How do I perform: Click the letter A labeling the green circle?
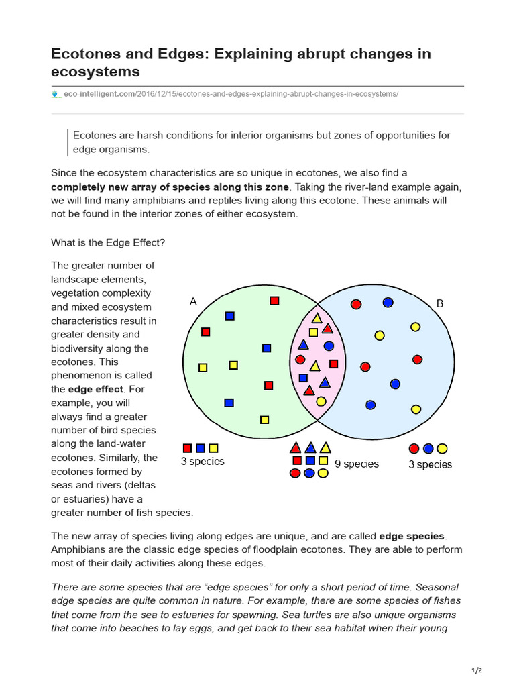pyautogui.click(x=193, y=302)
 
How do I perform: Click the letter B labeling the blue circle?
pyautogui.click(x=440, y=303)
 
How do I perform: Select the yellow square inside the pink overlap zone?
pyautogui.click(x=313, y=332)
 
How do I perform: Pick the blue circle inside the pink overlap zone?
pyautogui.click(x=329, y=346)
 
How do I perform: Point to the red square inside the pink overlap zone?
pyautogui.click(x=333, y=364)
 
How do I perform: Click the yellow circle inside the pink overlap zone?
pyautogui.click(x=321, y=401)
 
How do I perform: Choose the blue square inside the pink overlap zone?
pyautogui.click(x=303, y=378)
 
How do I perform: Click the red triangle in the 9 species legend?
pyautogui.click(x=295, y=447)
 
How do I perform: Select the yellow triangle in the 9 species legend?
pyautogui.click(x=325, y=447)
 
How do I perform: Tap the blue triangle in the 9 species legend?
pyautogui.click(x=310, y=447)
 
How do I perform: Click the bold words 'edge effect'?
pyautogui.click(x=96, y=389)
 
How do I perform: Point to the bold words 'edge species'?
pyautogui.click(x=411, y=536)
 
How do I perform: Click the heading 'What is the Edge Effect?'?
pyautogui.click(x=107, y=243)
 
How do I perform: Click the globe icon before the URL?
pyautogui.click(x=56, y=94)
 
